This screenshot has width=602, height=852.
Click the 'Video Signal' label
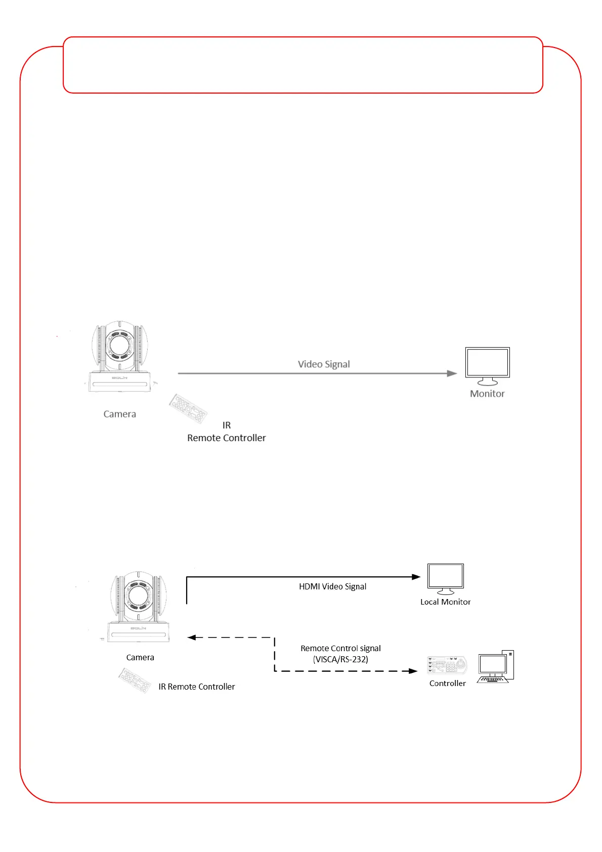click(x=324, y=364)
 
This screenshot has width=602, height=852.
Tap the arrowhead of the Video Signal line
click(x=452, y=373)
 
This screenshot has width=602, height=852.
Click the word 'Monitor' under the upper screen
click(x=487, y=394)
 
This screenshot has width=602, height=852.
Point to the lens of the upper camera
click(x=120, y=345)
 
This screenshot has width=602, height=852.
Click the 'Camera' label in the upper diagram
click(x=120, y=414)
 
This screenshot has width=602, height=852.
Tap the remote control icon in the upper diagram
click(x=188, y=408)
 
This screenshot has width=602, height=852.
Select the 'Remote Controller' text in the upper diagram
click(x=226, y=438)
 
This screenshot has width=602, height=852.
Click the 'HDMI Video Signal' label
click(x=332, y=586)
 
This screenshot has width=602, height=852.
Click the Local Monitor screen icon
click(x=445, y=578)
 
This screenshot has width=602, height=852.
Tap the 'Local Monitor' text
click(x=445, y=602)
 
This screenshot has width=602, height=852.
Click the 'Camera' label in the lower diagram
click(x=140, y=657)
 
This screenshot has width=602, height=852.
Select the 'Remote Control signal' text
click(x=340, y=648)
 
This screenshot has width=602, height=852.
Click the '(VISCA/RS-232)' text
click(x=340, y=659)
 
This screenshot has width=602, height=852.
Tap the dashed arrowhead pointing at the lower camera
click(x=192, y=637)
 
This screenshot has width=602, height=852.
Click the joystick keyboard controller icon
click(x=447, y=665)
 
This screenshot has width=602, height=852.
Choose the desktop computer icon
click(x=495, y=667)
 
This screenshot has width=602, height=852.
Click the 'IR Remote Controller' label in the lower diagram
click(x=196, y=687)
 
